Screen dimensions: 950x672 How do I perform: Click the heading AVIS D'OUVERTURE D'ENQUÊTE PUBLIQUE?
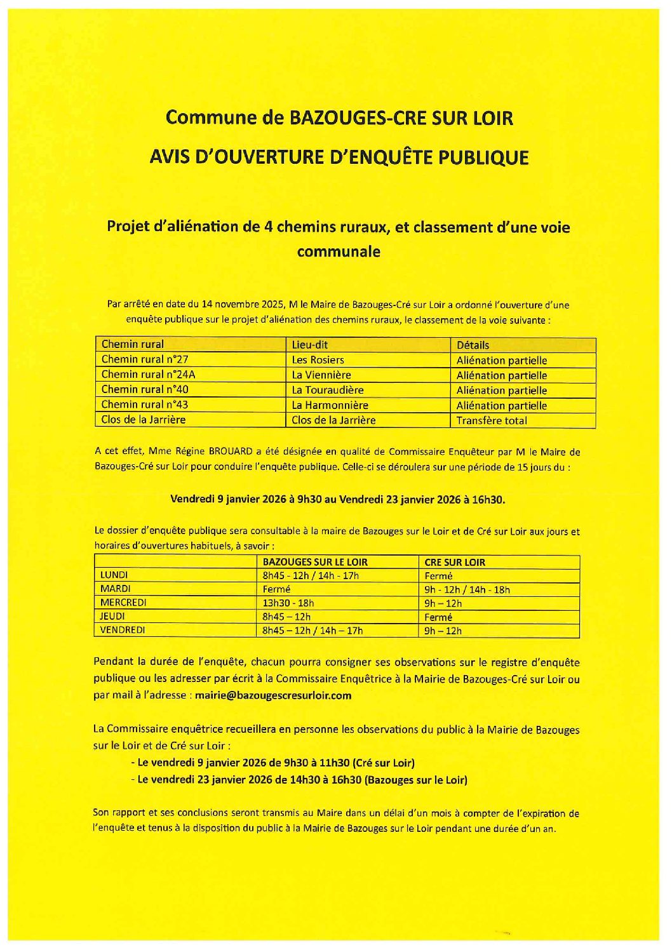pyautogui.click(x=339, y=157)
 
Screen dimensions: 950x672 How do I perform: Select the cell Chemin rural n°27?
pyautogui.click(x=145, y=359)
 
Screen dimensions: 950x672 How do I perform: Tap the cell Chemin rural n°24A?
pyautogui.click(x=149, y=375)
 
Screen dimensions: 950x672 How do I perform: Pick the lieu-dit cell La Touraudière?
pyautogui.click(x=328, y=390)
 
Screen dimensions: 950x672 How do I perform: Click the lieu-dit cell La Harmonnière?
pyautogui.click(x=330, y=405)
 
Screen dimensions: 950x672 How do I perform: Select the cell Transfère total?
pyautogui.click(x=492, y=420)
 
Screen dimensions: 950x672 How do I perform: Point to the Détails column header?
pyautogui.click(x=473, y=345)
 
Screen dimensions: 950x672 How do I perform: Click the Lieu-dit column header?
pyautogui.click(x=310, y=344)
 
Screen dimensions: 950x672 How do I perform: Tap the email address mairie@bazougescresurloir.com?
pyautogui.click(x=273, y=695)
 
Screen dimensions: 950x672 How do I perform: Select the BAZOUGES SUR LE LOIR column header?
pyautogui.click(x=315, y=562)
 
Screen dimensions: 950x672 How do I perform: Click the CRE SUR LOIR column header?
pyautogui.click(x=455, y=562)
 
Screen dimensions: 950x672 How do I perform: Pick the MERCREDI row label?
pyautogui.click(x=123, y=603)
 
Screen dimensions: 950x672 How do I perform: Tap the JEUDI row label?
pyautogui.click(x=112, y=616)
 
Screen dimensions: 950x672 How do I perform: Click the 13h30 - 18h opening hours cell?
pyautogui.click(x=288, y=603)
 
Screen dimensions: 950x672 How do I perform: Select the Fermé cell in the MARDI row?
pyautogui.click(x=276, y=589)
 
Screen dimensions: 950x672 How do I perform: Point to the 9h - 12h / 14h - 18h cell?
pyautogui.click(x=467, y=589)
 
